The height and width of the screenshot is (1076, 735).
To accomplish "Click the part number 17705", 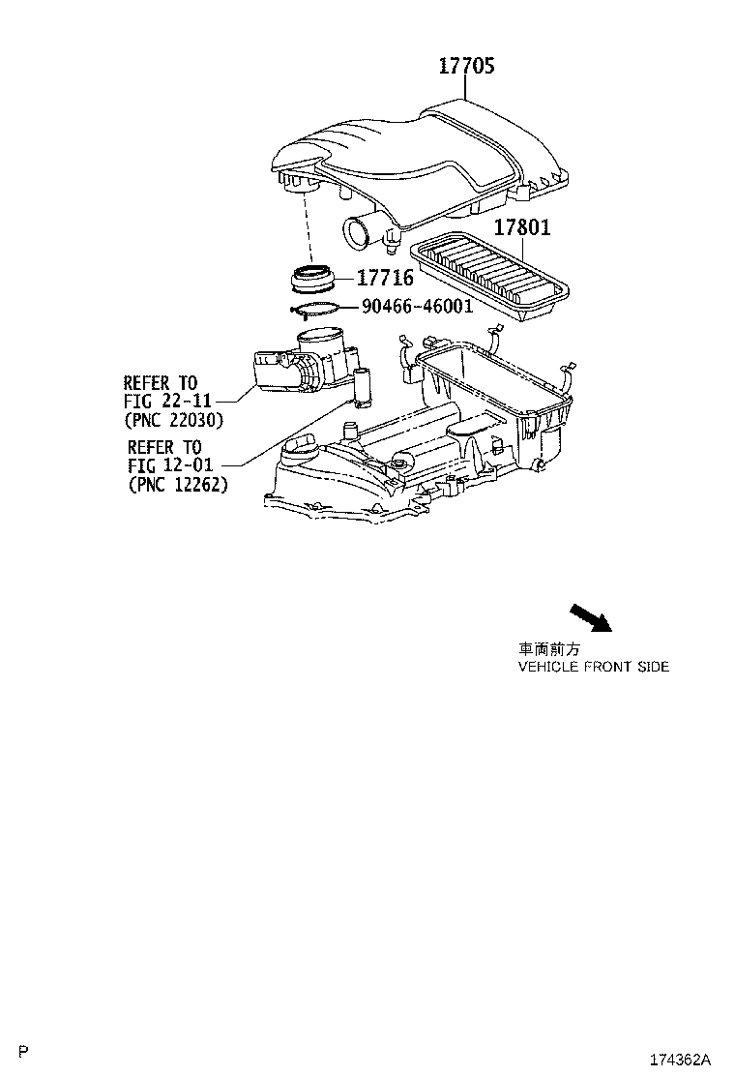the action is coord(466,66).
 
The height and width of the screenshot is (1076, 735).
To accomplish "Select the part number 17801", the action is coord(522,227).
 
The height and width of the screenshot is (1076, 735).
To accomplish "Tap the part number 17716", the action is coord(385,278).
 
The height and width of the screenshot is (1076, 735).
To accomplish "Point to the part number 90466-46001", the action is coord(418,306).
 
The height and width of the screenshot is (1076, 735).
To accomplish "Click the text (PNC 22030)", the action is coord(173,420).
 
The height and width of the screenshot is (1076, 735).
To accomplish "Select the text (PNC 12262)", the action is coord(178,485).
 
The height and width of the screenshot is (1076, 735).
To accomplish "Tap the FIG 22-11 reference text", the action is coord(168,401).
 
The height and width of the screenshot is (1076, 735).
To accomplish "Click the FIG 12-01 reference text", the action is coord(171,465).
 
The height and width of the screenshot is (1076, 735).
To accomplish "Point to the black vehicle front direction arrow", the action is coord(590,617).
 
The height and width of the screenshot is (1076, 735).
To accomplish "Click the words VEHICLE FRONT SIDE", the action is coord(594,667).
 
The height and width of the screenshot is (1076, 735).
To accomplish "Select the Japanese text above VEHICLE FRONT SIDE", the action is coord(549,649).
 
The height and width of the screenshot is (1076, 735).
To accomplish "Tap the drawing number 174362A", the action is coord(680,1060).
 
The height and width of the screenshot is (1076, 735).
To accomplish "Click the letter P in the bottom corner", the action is coord(24,1051).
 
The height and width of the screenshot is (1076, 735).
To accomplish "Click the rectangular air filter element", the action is coord(489,275).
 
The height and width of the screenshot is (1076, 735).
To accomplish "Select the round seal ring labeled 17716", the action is coord(313,278).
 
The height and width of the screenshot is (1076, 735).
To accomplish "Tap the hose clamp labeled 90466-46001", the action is coord(314,310).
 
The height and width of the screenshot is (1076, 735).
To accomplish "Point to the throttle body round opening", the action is coord(321,337).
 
